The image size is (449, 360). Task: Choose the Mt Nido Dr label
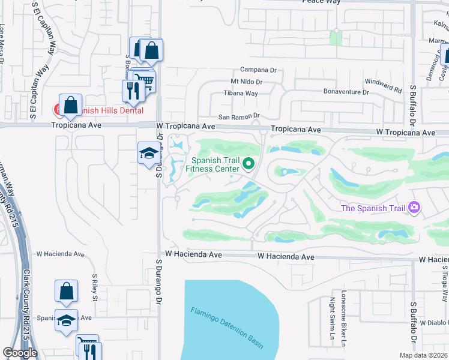tap(247, 82)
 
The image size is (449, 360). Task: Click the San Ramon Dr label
tap(238, 116)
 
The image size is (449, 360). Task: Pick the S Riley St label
tap(95, 289)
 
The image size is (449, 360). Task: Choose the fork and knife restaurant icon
tap(131, 90)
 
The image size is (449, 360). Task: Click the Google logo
tap(20, 353)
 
